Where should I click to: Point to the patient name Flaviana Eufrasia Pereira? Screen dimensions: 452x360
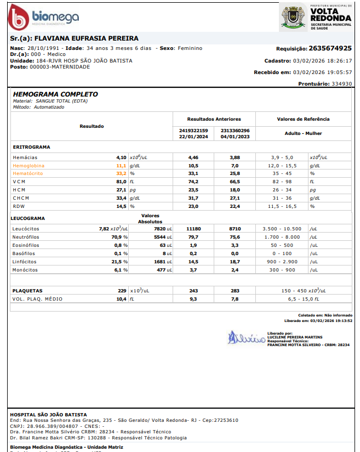tap(87, 38)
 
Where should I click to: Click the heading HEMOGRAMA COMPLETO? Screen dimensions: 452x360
tap(55, 94)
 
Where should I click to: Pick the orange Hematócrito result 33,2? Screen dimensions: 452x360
tap(121, 173)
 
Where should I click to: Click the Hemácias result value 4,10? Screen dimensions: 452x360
tap(121, 157)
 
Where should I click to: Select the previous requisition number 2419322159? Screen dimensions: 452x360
tap(193, 131)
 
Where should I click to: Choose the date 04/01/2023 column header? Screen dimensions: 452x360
tap(235, 137)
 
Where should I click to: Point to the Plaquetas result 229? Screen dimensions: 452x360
tap(122, 290)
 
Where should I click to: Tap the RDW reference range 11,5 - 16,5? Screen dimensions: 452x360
tap(282, 206)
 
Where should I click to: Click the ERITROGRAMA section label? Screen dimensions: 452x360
tap(32, 147)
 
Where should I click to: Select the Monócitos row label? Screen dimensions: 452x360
tap(25, 270)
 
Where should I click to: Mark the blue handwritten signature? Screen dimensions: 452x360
tap(245, 337)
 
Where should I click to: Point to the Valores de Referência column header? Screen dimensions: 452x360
tap(304, 118)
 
